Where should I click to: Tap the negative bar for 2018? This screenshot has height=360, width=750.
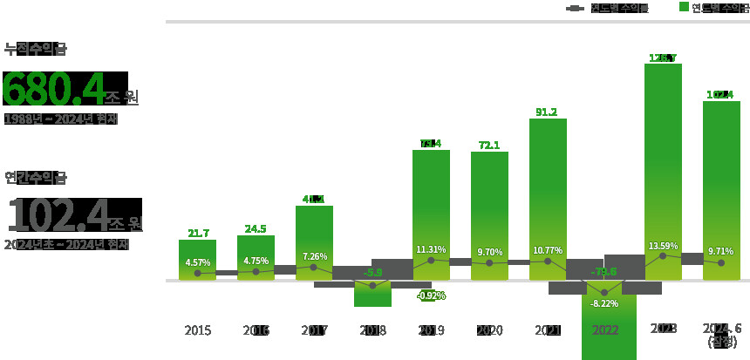[372, 295]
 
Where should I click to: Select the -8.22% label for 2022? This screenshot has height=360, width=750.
[605, 303]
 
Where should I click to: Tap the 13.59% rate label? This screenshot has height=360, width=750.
[663, 246]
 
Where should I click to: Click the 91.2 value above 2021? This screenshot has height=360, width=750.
[547, 112]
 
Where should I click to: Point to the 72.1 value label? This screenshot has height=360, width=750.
[489, 145]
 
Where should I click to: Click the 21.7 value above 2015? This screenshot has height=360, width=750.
[198, 233]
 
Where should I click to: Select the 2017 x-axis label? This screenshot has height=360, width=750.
[314, 330]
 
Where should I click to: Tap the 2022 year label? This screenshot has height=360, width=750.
[605, 330]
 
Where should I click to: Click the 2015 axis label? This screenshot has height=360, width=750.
[198, 330]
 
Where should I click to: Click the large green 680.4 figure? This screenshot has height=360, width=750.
[52, 90]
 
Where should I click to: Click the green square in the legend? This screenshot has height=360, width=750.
[684, 7]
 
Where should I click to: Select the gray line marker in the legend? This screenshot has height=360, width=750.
[575, 8]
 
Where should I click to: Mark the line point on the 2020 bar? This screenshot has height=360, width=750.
[489, 262]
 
